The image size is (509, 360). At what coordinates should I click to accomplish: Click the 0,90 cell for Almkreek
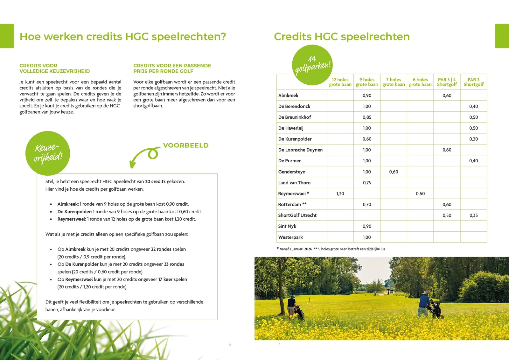pyautogui.click(x=367, y=95)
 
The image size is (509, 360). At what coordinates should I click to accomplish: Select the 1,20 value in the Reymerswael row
pyautogui.click(x=340, y=194)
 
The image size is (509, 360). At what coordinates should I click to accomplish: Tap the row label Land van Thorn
pyautogui.click(x=294, y=183)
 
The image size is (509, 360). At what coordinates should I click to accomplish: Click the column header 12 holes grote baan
pyautogui.click(x=340, y=82)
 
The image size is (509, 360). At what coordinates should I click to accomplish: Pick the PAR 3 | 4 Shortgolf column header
pyautogui.click(x=447, y=82)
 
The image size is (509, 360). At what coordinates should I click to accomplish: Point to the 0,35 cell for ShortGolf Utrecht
pyautogui.click(x=473, y=215)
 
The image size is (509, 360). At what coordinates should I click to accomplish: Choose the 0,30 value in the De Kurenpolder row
pyautogui.click(x=473, y=139)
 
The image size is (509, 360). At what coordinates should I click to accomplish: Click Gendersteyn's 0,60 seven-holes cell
pyautogui.click(x=394, y=172)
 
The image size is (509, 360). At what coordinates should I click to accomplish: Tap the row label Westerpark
pyautogui.click(x=290, y=237)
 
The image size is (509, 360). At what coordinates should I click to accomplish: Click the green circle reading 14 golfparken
pyautogui.click(x=312, y=65)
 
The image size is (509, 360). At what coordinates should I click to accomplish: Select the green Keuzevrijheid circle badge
pyautogui.click(x=48, y=153)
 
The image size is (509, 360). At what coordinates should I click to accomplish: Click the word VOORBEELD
pyautogui.click(x=186, y=145)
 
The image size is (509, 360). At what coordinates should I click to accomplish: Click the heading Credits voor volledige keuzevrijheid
pyautogui.click(x=54, y=68)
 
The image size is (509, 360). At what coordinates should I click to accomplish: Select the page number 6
pyautogui.click(x=230, y=344)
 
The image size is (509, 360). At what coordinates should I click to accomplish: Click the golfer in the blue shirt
pyautogui.click(x=424, y=306)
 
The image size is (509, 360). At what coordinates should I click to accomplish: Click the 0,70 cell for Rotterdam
pyautogui.click(x=367, y=205)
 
